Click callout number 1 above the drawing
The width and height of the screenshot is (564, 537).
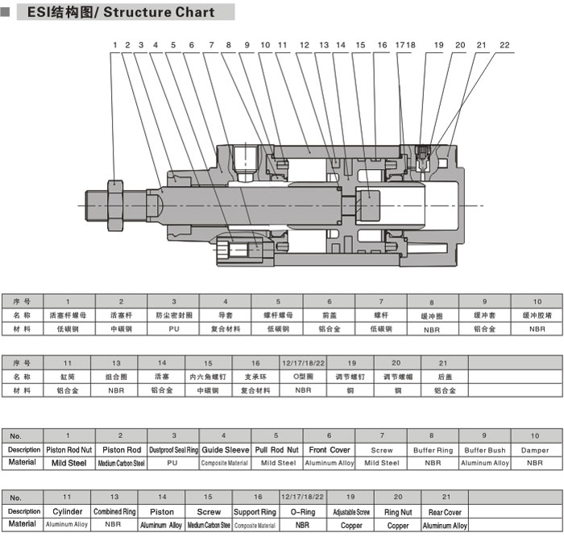click(x=115, y=45)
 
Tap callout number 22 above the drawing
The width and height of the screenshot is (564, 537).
click(x=504, y=45)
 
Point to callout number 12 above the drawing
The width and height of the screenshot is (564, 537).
click(x=304, y=45)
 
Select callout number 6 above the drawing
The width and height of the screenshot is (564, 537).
click(x=191, y=45)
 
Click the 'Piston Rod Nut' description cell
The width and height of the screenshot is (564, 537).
click(x=68, y=450)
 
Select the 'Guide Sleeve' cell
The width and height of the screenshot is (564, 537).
click(x=225, y=450)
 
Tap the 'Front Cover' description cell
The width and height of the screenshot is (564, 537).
click(x=329, y=450)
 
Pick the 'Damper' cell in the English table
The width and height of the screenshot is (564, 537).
click(x=535, y=450)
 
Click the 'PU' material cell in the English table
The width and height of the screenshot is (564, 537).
click(x=172, y=463)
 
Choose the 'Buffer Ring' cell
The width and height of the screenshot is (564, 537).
click(x=433, y=450)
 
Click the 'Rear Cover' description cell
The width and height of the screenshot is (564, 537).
click(x=445, y=512)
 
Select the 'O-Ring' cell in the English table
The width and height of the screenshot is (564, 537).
click(x=303, y=512)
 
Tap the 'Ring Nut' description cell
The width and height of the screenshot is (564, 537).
click(x=397, y=512)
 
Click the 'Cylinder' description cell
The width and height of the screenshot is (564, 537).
click(x=68, y=512)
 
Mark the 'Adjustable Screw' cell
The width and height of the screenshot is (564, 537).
click(x=351, y=512)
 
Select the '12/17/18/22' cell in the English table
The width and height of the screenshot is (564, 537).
click(x=303, y=498)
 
